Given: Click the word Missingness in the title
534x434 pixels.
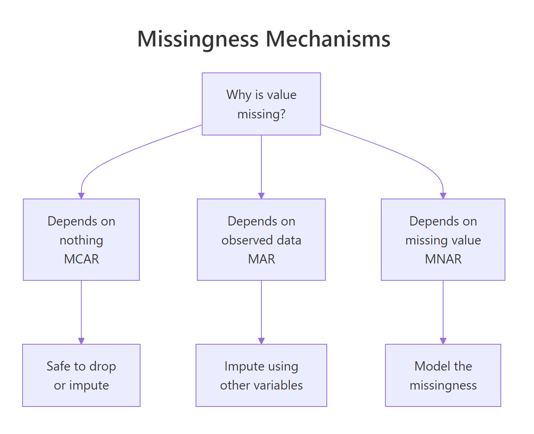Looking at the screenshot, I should coord(198,39).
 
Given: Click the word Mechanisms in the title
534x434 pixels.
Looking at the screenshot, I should coord(328,39).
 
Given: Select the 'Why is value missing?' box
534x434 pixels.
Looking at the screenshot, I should coord(261,104).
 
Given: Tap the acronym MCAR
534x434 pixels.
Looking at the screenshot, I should coord(81,259).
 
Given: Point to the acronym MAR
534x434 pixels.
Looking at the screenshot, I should coord(261,259).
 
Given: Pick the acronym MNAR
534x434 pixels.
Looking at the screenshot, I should coord(443,259).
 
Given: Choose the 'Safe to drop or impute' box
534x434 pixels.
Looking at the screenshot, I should coord(81,375).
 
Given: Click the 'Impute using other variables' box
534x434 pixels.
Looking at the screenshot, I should coord(261,375).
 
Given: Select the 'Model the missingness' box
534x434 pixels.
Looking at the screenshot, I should coord(443,375).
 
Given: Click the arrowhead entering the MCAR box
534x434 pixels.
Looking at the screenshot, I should coord(81,196).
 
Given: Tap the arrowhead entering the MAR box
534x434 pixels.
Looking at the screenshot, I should coord(261,196).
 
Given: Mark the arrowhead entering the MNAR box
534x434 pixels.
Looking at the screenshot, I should coord(443,196).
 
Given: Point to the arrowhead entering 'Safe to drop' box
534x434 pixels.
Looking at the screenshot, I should coord(81,341).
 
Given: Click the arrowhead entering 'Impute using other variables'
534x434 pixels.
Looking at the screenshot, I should coord(261,341).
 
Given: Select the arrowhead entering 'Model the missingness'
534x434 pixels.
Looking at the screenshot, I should coord(443,341).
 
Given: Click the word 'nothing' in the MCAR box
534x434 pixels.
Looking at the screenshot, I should coord(81,240).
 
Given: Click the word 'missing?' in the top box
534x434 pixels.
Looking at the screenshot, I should coord(261,114).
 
